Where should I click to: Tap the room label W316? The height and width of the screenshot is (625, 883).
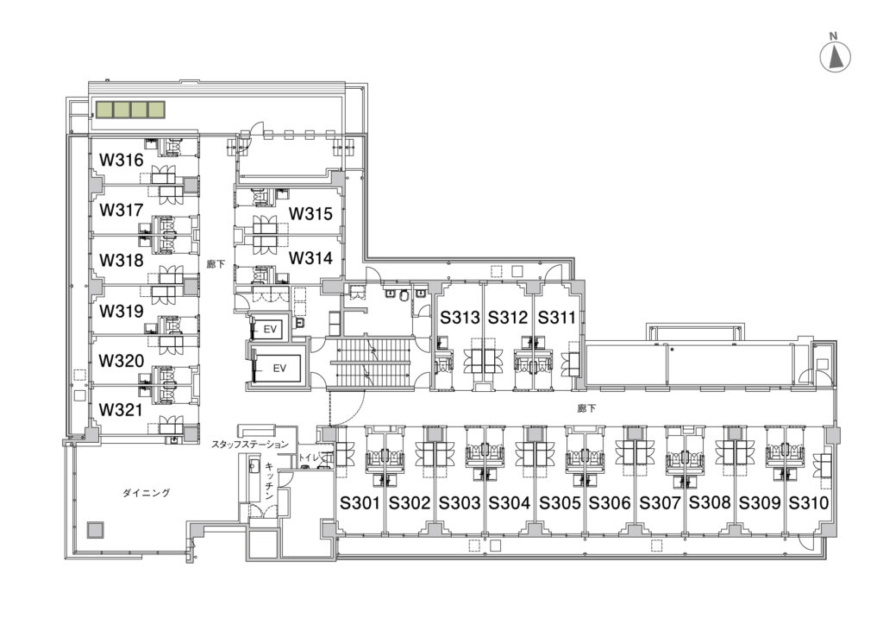(121, 160)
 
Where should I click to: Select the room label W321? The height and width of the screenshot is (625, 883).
(121, 410)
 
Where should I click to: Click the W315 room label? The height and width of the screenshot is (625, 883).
(310, 213)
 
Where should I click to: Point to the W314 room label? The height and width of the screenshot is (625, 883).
(310, 258)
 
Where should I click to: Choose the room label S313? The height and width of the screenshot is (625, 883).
(460, 318)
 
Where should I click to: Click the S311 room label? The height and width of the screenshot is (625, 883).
(556, 318)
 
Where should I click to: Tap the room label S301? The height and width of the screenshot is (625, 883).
(360, 502)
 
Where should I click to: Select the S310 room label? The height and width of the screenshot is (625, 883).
(808, 502)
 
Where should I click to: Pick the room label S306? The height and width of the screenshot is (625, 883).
(610, 502)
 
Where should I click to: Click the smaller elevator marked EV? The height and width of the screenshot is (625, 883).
(270, 328)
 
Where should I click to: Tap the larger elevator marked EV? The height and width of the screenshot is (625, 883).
(279, 368)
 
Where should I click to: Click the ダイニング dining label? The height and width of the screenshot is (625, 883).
(147, 493)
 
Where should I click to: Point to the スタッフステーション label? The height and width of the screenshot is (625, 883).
(249, 445)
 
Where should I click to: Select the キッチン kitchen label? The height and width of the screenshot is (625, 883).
(270, 482)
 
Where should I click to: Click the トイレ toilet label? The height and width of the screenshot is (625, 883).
(310, 457)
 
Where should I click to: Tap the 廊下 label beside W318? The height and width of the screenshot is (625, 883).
(216, 264)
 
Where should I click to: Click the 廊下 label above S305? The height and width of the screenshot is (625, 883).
(586, 408)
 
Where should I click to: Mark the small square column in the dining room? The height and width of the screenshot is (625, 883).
(95, 530)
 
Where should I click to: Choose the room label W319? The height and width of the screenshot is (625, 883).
(121, 311)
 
